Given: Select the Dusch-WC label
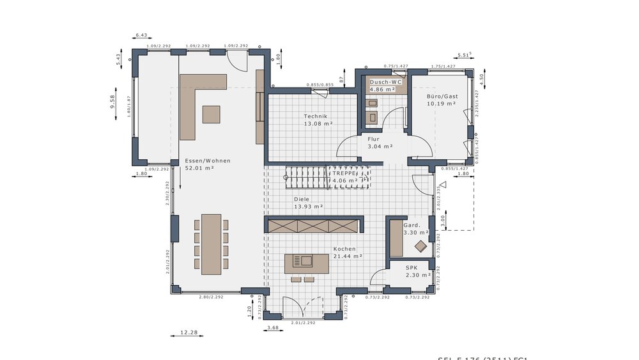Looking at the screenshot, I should click(x=385, y=82).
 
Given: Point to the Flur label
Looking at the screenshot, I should click(x=374, y=139).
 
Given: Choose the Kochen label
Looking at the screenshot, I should click(x=344, y=249).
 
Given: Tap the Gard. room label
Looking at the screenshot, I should click(x=412, y=225).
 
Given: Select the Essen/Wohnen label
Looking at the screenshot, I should click(x=208, y=160).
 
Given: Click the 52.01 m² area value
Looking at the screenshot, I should click(x=199, y=168).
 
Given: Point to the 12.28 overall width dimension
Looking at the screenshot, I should click(x=189, y=333).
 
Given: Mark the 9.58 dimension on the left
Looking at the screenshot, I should click(x=112, y=102).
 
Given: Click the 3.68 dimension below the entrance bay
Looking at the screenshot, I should click(x=273, y=328).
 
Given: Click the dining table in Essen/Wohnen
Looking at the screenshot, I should click(x=211, y=244).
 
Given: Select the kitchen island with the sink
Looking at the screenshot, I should click(x=307, y=263).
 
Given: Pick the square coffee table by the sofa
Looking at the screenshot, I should click(x=211, y=114).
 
